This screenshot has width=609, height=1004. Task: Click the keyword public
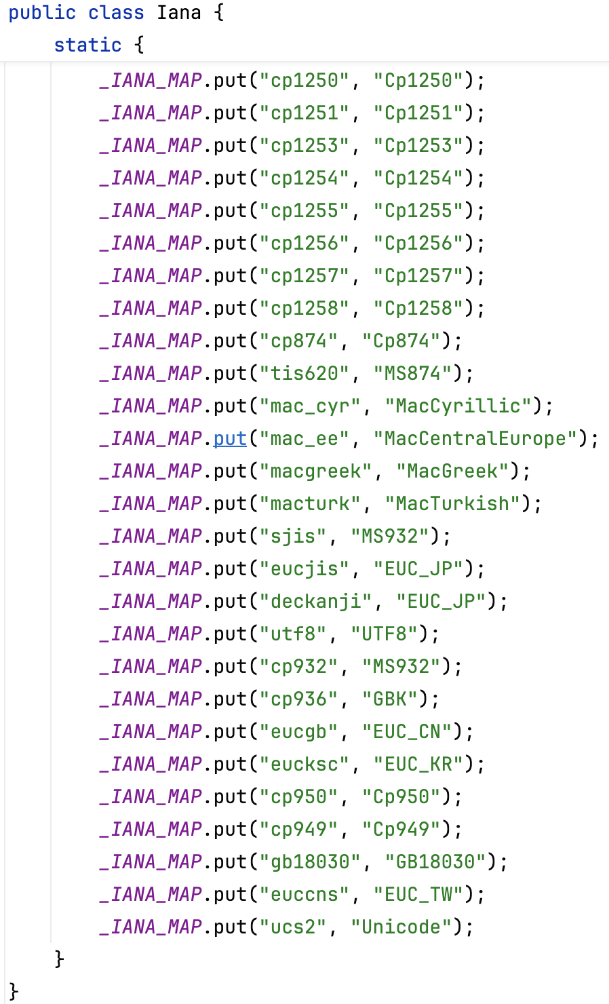pos(42,13)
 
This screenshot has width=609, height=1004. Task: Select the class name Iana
pos(179,13)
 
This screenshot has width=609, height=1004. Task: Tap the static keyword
pos(87,45)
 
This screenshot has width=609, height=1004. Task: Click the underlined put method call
pos(230,439)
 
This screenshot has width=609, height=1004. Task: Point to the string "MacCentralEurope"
pos(475,439)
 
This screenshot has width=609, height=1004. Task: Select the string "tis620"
pos(304,374)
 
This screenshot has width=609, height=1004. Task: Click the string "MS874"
pos(412,374)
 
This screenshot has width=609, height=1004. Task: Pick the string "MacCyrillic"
pos(458,406)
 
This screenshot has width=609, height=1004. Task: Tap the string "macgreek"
pos(315,471)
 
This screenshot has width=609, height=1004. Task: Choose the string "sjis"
pos(293,537)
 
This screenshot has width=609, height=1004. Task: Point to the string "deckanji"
pos(315,602)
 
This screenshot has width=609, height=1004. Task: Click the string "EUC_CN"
pos(406,732)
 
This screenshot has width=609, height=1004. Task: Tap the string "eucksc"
pos(304,765)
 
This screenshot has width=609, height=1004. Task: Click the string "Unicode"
pos(401,927)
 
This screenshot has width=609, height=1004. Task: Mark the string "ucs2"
pos(293,927)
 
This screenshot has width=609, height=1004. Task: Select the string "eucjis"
pos(304,569)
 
